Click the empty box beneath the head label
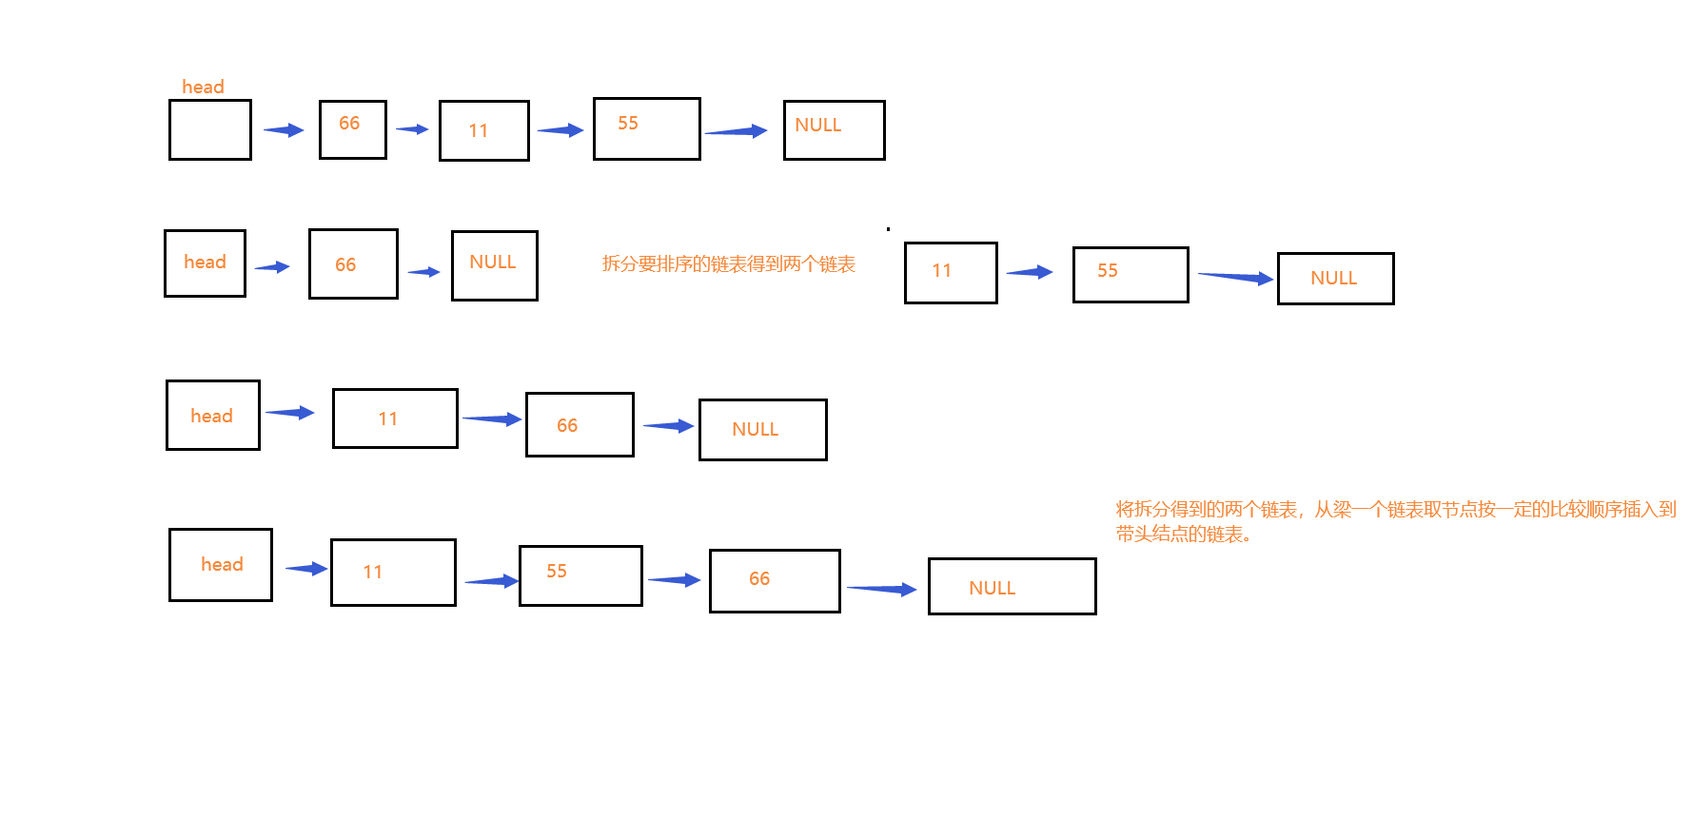[x=209, y=130]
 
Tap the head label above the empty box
[x=203, y=87]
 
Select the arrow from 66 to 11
[x=412, y=129]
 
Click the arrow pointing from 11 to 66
[x=492, y=418]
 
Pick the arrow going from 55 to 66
[x=675, y=579]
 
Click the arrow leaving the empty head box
[x=284, y=130]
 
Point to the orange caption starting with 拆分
[x=728, y=263]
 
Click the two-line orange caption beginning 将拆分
[x=1395, y=521]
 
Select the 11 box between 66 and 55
[x=483, y=130]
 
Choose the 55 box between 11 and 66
[x=580, y=575]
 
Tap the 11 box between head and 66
[x=395, y=418]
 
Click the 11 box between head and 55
[x=393, y=572]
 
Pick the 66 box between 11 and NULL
[x=580, y=424]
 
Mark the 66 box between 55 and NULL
[x=775, y=580]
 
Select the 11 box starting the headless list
[x=951, y=272]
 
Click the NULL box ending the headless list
[x=1335, y=278]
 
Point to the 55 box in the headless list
[x=1131, y=274]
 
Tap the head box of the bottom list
[x=221, y=565]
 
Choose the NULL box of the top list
[x=834, y=129]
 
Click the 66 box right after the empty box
[x=352, y=129]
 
